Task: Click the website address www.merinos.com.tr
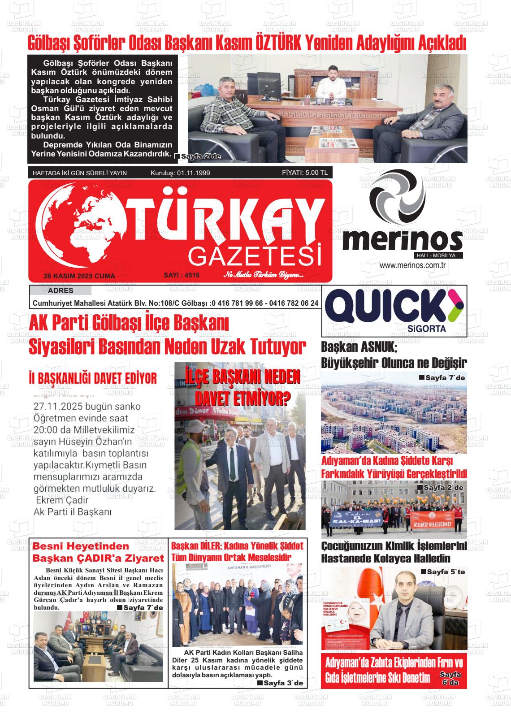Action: click(x=415, y=265)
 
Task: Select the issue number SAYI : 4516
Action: click(x=182, y=275)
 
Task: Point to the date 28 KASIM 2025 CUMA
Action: click(x=79, y=276)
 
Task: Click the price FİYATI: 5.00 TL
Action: click(x=305, y=173)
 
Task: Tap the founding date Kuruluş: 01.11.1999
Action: click(x=180, y=173)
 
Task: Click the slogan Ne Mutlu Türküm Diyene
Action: click(x=264, y=275)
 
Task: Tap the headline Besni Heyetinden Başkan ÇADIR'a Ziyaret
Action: click(x=98, y=552)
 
